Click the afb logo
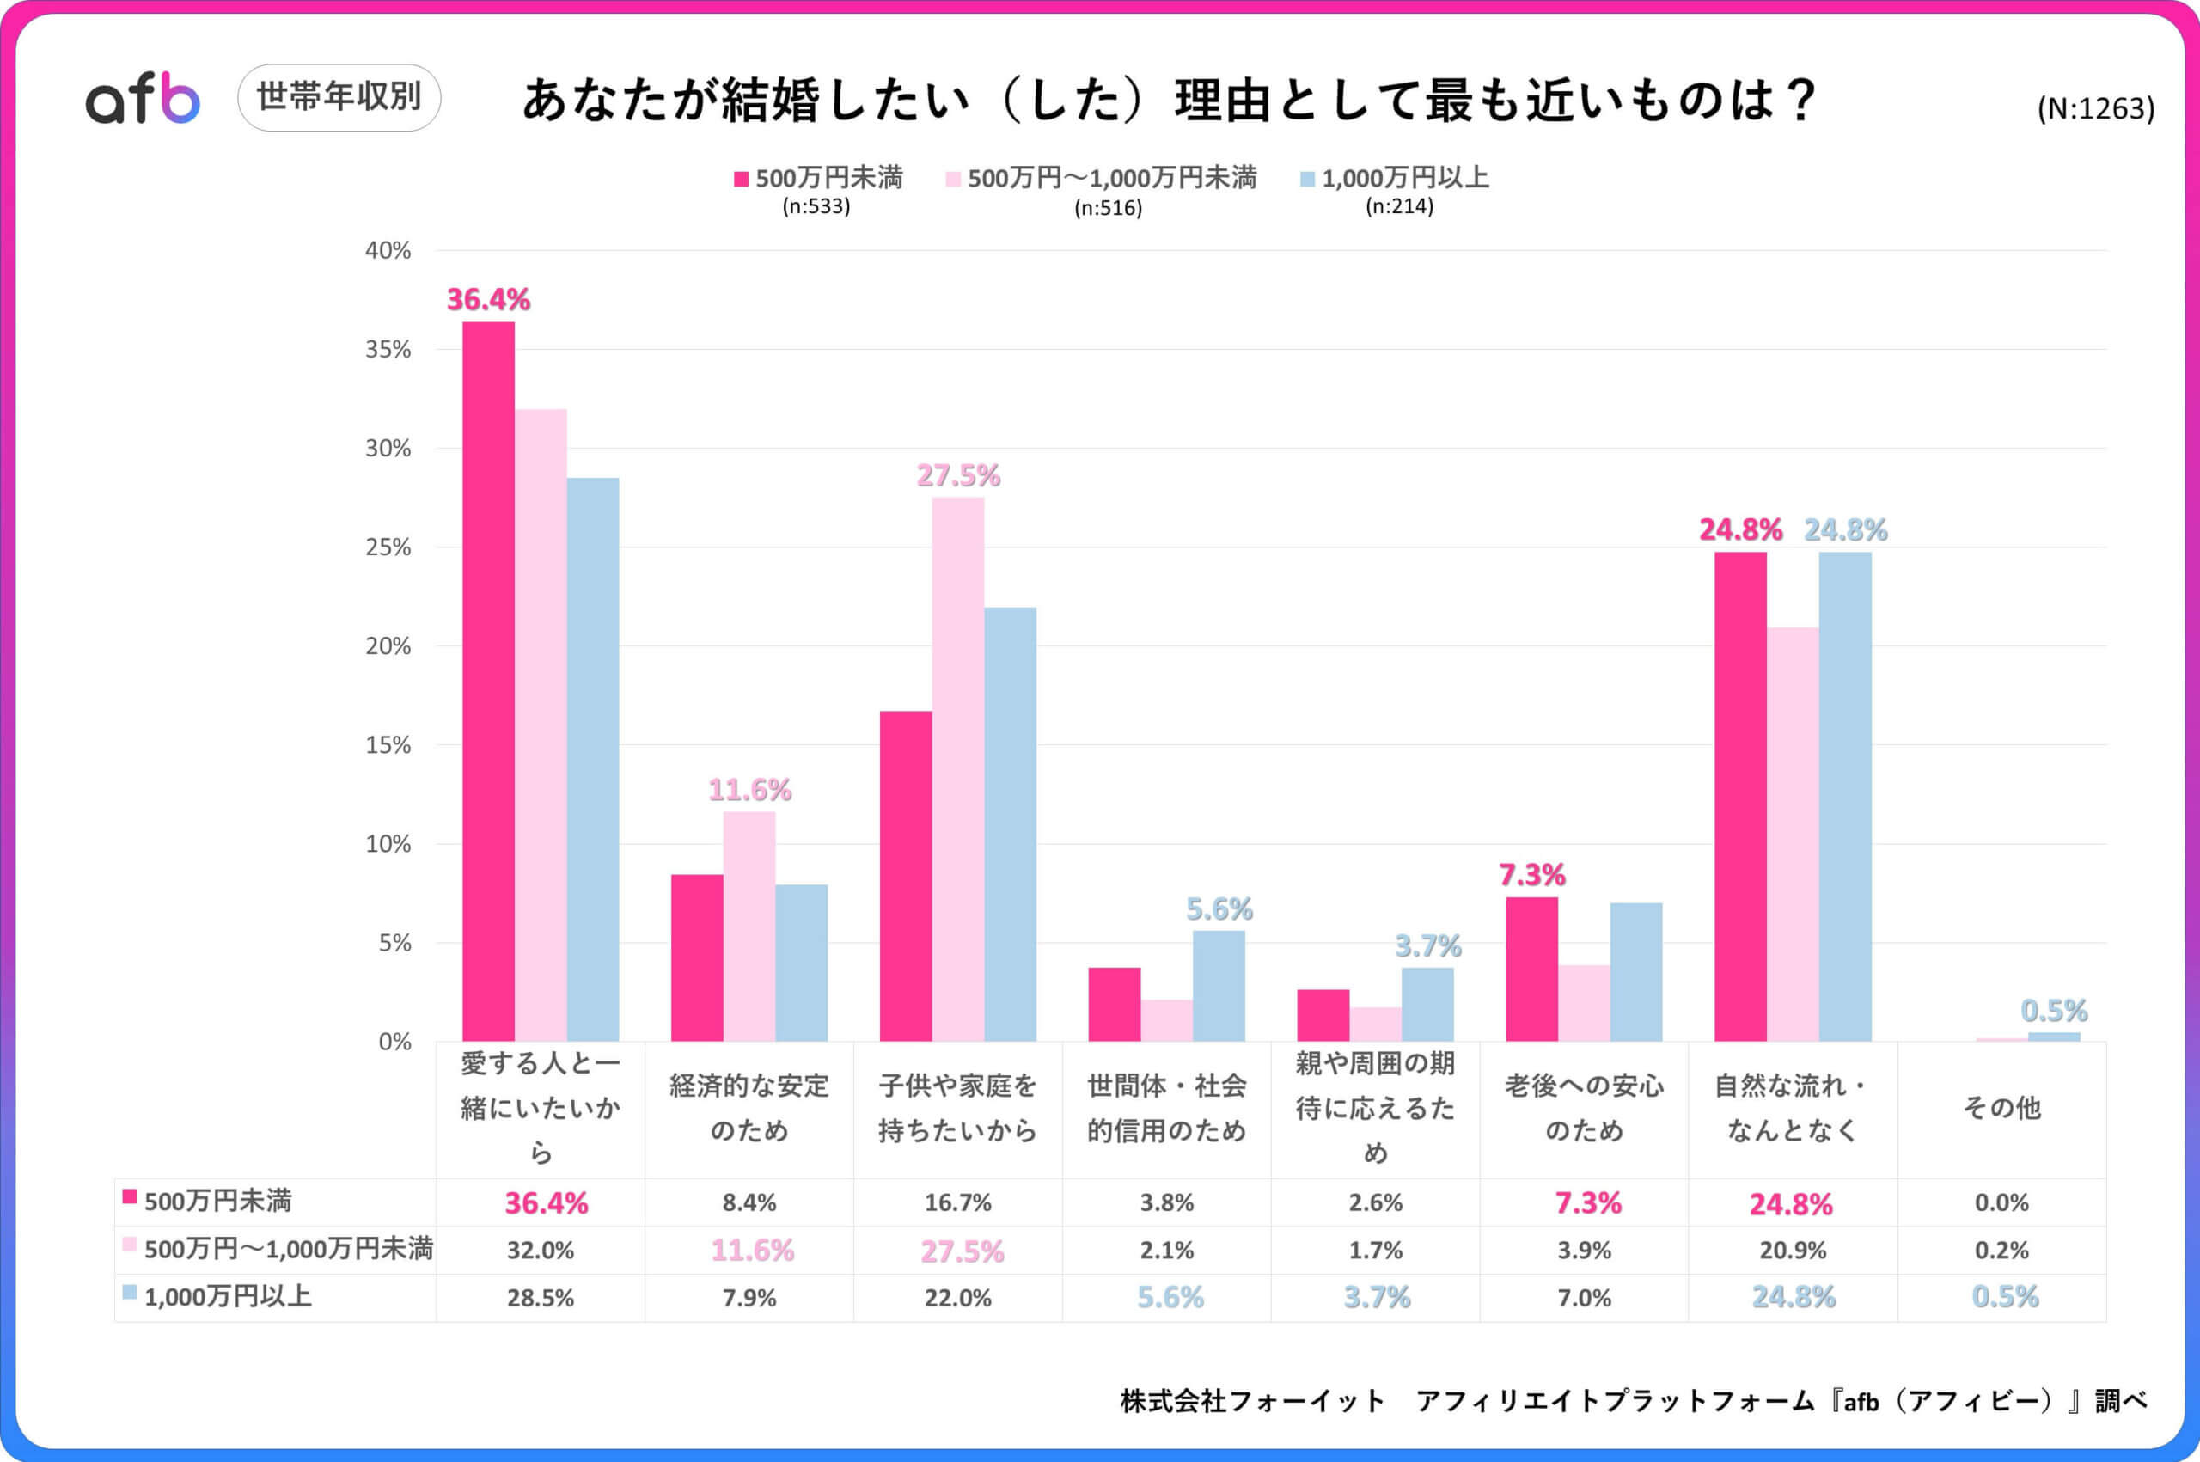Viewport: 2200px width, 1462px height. click(143, 99)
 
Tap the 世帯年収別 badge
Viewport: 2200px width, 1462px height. click(339, 97)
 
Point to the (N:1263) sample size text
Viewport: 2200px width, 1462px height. click(2096, 109)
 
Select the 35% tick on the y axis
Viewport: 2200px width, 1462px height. click(388, 350)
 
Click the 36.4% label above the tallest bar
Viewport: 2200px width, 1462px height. click(487, 300)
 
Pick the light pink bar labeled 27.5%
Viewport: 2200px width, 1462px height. click(957, 765)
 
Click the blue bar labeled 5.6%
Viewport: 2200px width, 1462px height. click(1219, 987)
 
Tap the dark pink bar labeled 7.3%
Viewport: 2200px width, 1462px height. click(1531, 970)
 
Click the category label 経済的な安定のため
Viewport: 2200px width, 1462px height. click(749, 1108)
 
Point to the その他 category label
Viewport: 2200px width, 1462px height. click(2001, 1108)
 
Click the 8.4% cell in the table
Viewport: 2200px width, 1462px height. click(749, 1202)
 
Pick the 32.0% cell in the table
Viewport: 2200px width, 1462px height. click(540, 1251)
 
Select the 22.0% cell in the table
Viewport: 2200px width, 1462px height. click(957, 1298)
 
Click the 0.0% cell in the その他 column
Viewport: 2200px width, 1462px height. click(2001, 1202)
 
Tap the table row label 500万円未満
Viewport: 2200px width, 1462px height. click(217, 1201)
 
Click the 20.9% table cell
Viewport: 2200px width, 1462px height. click(1793, 1251)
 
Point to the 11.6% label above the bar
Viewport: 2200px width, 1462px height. click(749, 791)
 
